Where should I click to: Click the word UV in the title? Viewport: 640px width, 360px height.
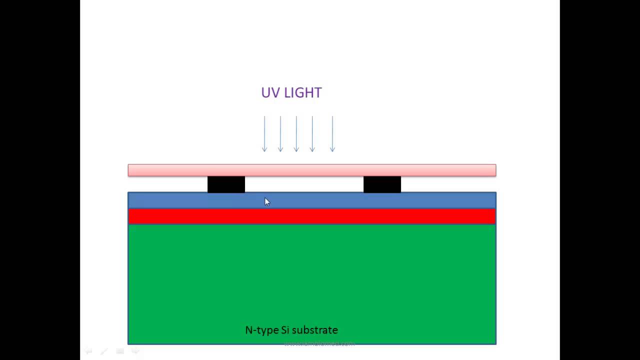coord(270,92)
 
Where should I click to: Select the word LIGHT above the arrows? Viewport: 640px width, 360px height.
coord(302,92)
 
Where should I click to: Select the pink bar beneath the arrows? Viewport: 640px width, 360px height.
coord(312,170)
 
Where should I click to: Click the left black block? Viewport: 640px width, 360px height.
coord(226,184)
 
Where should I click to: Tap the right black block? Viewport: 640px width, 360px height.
coord(382,184)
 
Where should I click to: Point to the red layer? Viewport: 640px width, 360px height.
coord(312,216)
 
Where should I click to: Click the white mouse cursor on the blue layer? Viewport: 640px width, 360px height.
coord(266,201)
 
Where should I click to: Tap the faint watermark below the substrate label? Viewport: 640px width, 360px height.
coord(319,343)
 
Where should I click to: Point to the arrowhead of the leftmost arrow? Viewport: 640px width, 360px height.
coord(264,149)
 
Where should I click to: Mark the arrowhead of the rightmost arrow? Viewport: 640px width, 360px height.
coord(332,149)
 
